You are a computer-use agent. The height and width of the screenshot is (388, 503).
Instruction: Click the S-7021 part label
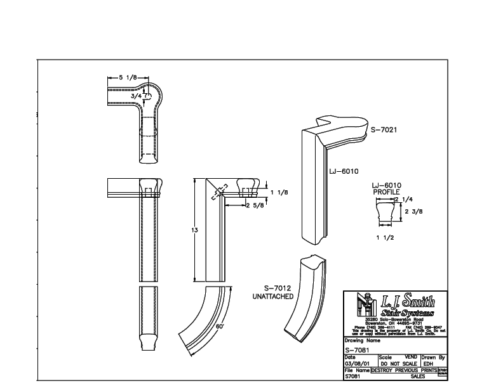click(x=384, y=129)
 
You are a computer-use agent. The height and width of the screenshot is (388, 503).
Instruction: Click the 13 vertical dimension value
click(x=195, y=230)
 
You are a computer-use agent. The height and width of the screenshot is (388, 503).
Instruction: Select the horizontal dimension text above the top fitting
click(x=126, y=77)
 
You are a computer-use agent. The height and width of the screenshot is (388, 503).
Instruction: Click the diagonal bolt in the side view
click(x=220, y=192)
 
